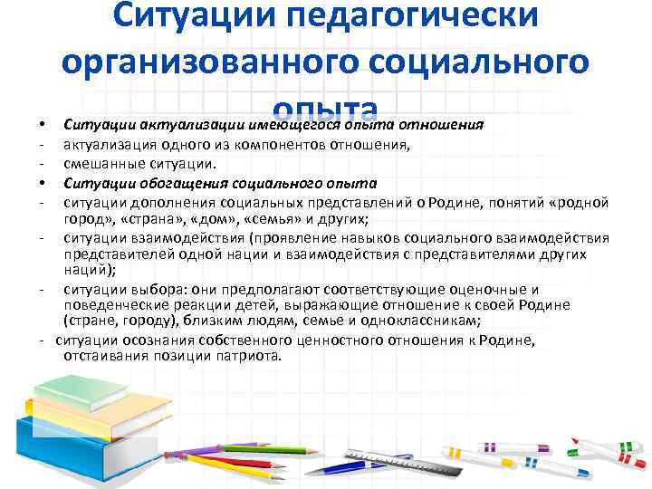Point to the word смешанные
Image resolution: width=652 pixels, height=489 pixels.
point(104,164)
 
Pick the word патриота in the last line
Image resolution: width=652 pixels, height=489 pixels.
point(250,355)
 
